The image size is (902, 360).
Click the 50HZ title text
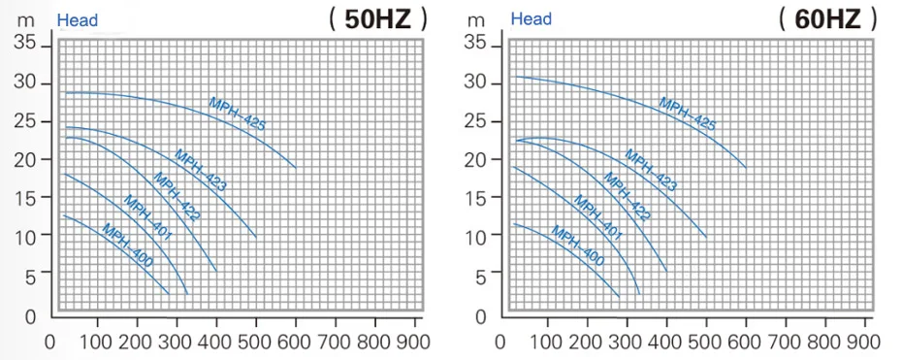(x=378, y=20)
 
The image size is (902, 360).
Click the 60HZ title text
(x=827, y=20)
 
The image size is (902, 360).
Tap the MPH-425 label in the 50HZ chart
(x=237, y=115)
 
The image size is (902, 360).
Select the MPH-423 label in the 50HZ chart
(x=200, y=170)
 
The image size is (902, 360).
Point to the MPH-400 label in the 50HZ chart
(x=127, y=245)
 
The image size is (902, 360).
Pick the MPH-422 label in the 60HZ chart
(x=627, y=197)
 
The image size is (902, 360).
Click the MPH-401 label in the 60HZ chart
(x=597, y=218)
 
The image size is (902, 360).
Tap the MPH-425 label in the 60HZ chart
(x=688, y=115)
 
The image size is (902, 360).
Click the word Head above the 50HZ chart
(x=77, y=20)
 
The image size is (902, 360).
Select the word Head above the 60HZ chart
(x=531, y=19)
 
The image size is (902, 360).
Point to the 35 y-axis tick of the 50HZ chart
(x=26, y=43)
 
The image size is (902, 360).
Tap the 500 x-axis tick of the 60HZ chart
(x=705, y=342)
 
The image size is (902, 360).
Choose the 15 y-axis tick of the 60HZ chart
(x=476, y=197)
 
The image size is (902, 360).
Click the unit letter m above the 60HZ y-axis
(x=476, y=20)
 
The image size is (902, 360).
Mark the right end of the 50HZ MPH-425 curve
(x=296, y=167)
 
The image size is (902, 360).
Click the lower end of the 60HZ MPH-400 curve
(x=619, y=296)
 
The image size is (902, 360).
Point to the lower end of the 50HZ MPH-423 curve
(x=256, y=238)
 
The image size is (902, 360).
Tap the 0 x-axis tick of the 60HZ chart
(x=499, y=343)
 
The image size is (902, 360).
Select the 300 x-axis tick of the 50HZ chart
(x=176, y=342)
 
